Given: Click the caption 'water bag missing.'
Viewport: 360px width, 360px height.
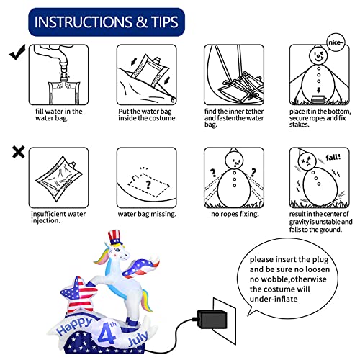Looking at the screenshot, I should click(x=147, y=214).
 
